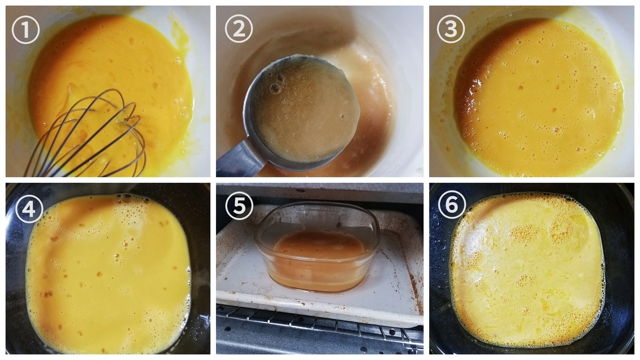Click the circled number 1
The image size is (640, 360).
[26, 30]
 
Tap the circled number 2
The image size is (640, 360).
[239, 29]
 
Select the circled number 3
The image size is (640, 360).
[451, 29]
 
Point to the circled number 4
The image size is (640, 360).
[29, 209]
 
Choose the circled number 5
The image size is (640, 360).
[239, 206]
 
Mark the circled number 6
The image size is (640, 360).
[452, 205]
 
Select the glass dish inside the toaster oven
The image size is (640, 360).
[317, 246]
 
